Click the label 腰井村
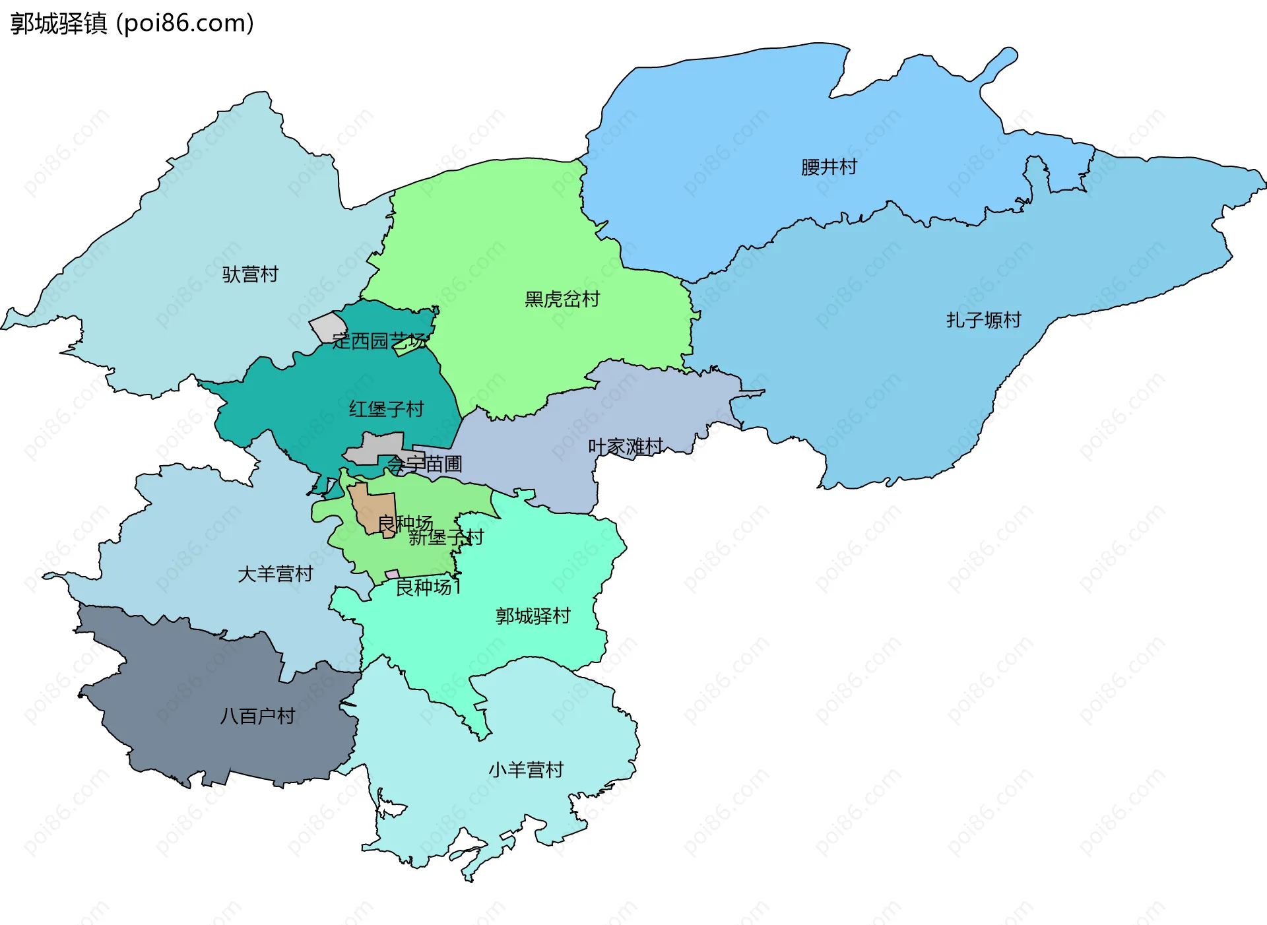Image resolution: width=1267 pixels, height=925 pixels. tap(829, 167)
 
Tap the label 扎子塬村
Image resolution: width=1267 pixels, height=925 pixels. tap(983, 320)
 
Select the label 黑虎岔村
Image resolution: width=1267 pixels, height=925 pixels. tap(562, 300)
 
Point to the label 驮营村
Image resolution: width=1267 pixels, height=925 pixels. tap(250, 274)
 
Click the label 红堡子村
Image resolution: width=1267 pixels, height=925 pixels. tap(386, 409)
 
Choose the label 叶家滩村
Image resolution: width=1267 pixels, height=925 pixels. tap(625, 447)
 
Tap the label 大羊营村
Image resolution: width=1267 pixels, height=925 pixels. tap(275, 574)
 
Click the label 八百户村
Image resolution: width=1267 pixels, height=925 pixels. tap(257, 716)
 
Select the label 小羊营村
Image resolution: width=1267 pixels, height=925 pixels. tap(526, 770)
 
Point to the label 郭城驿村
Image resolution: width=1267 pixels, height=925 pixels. tap(533, 616)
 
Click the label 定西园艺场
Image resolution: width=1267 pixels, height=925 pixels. tap(379, 341)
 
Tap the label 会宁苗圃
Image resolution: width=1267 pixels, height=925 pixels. tap(424, 464)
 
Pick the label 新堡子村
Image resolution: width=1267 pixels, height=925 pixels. tap(446, 538)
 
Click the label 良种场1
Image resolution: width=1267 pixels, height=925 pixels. tap(428, 587)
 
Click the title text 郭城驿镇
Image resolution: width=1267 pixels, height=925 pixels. tap(58, 24)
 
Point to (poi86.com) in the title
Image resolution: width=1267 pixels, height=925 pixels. tap(185, 24)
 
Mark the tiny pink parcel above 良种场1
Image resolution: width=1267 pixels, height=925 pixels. tap(392, 575)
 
